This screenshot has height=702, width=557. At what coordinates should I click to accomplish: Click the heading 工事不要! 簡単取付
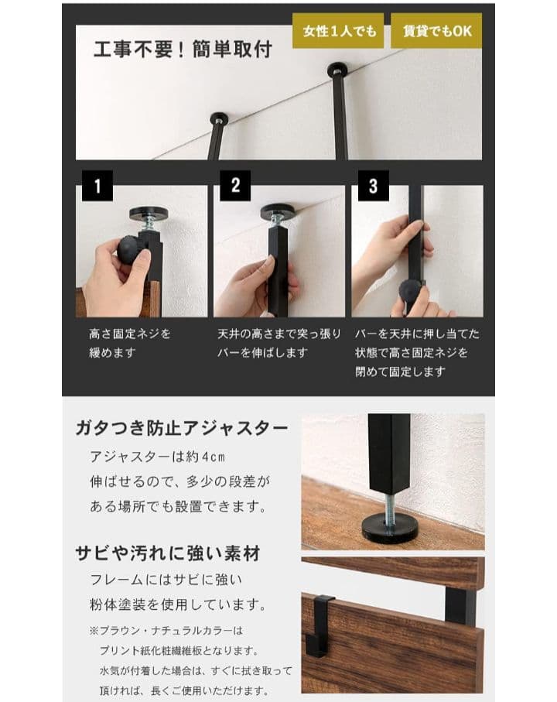tap(183, 50)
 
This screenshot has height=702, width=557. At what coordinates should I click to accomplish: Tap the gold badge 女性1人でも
tap(339, 31)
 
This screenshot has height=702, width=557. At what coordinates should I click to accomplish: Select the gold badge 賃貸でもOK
tap(436, 31)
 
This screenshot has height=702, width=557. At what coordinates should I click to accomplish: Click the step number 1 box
tap(97, 187)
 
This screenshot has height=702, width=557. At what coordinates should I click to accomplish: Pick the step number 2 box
tap(235, 187)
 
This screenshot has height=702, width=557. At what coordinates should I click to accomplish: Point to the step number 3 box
tap(373, 187)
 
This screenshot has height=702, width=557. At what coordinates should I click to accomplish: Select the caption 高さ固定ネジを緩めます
tap(129, 343)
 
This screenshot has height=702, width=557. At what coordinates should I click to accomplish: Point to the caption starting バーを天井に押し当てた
tap(417, 352)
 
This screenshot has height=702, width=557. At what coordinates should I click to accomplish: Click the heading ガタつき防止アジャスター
tap(182, 428)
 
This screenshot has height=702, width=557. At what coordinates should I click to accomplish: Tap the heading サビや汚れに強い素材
tap(167, 553)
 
